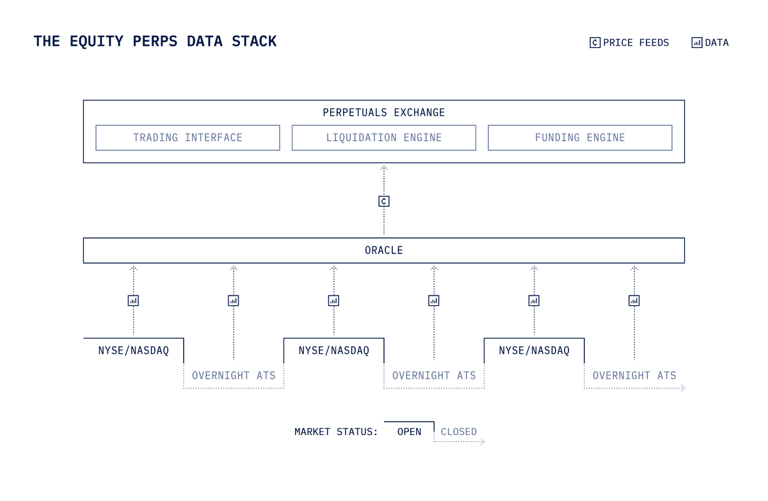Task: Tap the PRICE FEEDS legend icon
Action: click(x=595, y=43)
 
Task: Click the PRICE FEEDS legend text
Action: click(x=636, y=43)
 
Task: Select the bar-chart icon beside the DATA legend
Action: click(x=697, y=43)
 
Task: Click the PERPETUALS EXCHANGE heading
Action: click(x=383, y=113)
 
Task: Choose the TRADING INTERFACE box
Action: click(x=188, y=138)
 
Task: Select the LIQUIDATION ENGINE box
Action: click(x=384, y=138)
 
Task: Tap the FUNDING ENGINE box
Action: click(x=580, y=138)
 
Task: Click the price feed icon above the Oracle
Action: click(x=384, y=201)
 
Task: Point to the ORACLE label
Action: click(x=384, y=250)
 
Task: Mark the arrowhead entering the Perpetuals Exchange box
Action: click(x=384, y=168)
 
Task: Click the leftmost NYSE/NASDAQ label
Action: click(x=133, y=351)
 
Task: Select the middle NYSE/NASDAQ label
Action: click(x=333, y=351)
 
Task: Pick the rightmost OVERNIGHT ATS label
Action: click(x=634, y=376)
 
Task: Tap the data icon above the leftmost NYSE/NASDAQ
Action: click(x=133, y=300)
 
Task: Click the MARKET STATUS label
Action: click(x=336, y=432)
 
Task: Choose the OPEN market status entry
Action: click(x=409, y=432)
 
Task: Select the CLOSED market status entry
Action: click(x=459, y=432)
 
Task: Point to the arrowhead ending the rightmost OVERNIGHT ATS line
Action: click(x=682, y=388)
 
